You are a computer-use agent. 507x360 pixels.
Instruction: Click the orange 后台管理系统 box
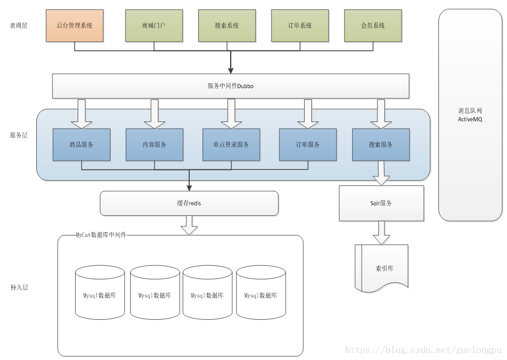click(x=75, y=26)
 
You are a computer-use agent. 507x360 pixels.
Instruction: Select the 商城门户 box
click(x=154, y=26)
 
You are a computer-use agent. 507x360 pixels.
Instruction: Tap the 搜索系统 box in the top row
click(x=227, y=26)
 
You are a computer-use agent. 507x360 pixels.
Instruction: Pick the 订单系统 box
click(x=300, y=26)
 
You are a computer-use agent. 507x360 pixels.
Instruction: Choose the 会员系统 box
click(x=373, y=26)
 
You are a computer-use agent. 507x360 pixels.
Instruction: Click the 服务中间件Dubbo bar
click(x=231, y=86)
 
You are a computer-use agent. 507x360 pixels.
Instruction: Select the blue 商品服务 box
click(x=82, y=145)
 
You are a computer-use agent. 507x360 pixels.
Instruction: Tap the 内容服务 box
click(x=154, y=145)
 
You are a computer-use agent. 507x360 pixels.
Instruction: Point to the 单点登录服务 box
click(x=231, y=145)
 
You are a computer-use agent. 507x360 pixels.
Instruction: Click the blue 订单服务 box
click(x=308, y=145)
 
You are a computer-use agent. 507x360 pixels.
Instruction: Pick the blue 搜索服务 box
click(x=381, y=145)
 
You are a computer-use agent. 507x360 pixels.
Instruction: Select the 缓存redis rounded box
click(x=189, y=203)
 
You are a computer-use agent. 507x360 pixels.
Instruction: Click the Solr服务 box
click(x=381, y=203)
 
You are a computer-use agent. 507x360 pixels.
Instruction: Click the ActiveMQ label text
click(x=470, y=119)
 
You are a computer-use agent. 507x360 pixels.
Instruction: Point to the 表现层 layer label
click(x=19, y=26)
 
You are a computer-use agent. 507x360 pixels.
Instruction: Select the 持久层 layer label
click(x=19, y=287)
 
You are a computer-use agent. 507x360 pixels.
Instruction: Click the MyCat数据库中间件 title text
click(x=101, y=235)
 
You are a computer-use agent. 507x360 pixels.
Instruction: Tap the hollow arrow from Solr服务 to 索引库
click(x=381, y=232)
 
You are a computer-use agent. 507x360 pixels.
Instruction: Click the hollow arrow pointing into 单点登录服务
click(x=231, y=114)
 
